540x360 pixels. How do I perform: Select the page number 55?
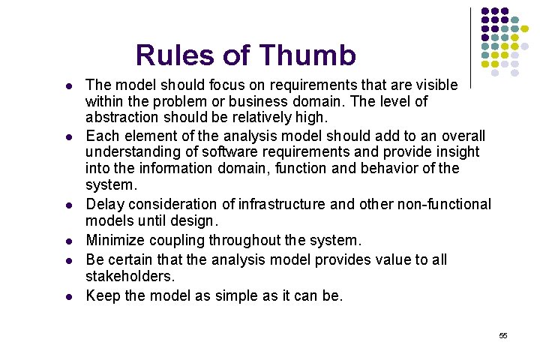click(503, 335)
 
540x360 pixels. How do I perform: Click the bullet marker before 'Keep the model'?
click(69, 296)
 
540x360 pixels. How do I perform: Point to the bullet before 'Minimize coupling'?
click(69, 241)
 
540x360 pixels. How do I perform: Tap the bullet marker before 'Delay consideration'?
click(69, 205)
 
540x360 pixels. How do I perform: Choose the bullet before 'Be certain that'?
click(69, 260)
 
